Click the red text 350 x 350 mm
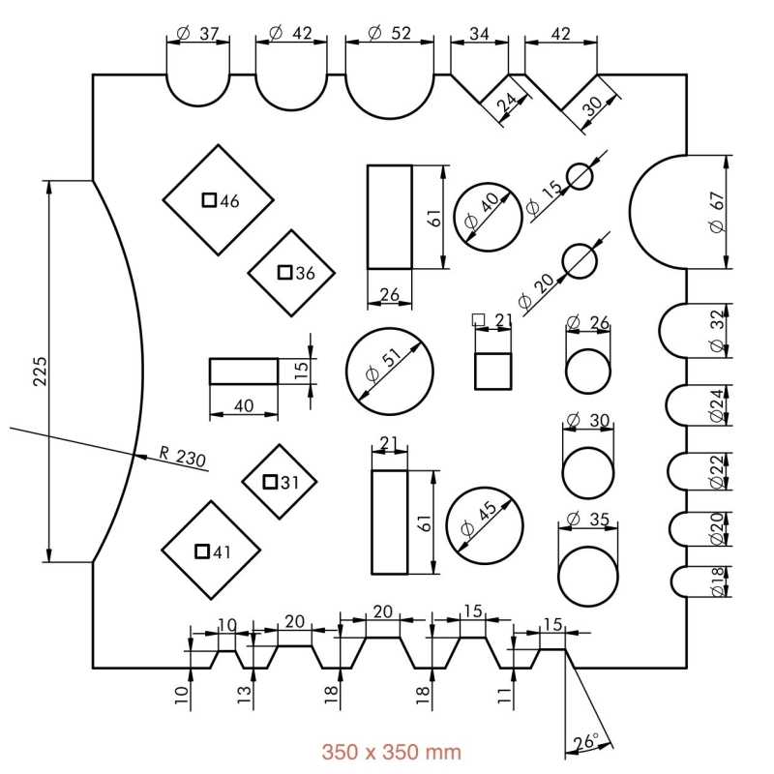(391, 751)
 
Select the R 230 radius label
(183, 457)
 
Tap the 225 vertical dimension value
(40, 371)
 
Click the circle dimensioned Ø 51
(390, 371)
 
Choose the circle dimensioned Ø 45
(486, 526)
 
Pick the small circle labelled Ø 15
(580, 176)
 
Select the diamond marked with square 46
(218, 200)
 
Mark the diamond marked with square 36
(291, 273)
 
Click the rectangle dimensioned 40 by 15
(244, 372)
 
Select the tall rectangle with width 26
(390, 217)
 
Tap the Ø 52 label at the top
(391, 33)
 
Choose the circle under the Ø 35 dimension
(587, 577)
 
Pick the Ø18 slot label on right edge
(716, 580)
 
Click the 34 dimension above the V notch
(479, 33)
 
